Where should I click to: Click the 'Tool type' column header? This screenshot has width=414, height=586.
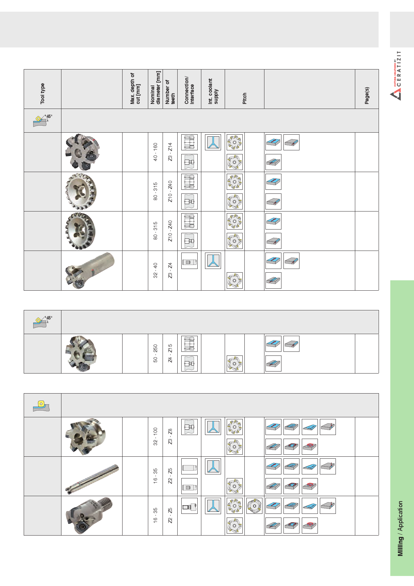tap(42, 93)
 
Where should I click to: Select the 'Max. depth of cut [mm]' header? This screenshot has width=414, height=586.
tap(135, 89)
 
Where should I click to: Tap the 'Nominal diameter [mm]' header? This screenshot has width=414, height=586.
tap(156, 88)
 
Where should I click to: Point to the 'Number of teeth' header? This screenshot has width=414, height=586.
tap(170, 92)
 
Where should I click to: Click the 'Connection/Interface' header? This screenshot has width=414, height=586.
tap(189, 90)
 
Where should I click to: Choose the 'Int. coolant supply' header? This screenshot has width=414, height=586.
tap(213, 91)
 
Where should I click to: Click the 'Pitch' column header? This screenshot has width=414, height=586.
tap(244, 98)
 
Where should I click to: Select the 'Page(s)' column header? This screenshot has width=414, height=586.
tap(367, 96)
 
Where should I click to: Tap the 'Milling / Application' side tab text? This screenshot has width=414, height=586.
tap(400, 529)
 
